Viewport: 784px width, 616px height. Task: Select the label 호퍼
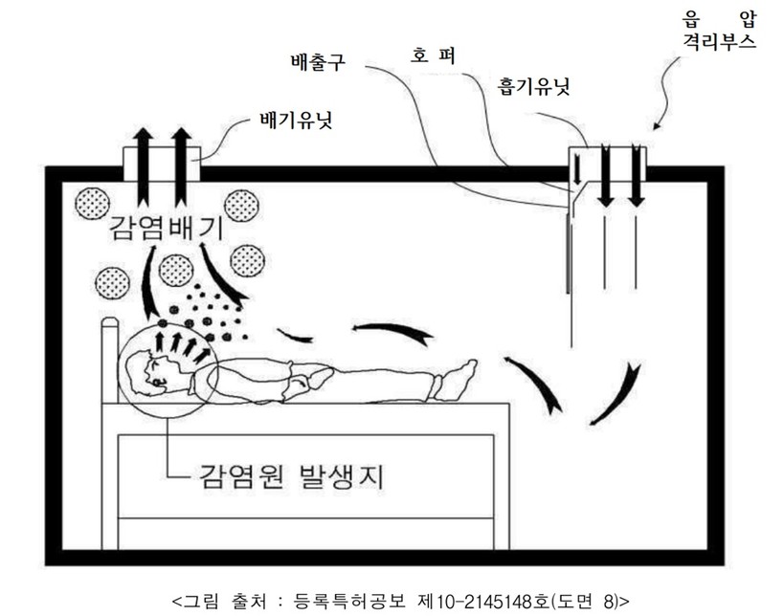(x=433, y=55)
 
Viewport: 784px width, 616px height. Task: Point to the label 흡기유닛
(x=533, y=86)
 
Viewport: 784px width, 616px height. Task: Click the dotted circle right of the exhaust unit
(x=242, y=204)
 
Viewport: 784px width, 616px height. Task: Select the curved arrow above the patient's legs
(x=392, y=332)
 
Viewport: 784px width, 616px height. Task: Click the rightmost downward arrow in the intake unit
(x=636, y=177)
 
